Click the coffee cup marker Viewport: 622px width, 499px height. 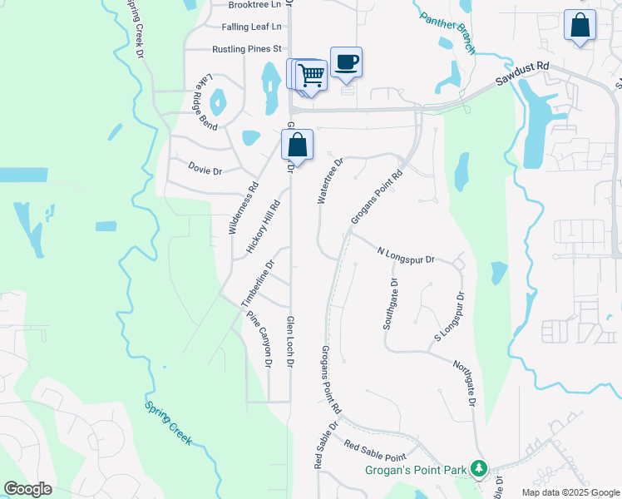(346, 62)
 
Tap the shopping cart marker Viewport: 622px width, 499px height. (311, 75)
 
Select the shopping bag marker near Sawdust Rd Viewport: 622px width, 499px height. (580, 25)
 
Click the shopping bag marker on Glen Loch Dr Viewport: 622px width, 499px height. (298, 145)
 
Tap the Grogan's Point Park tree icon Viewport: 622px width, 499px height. (479, 469)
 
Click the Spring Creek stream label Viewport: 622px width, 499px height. (168, 423)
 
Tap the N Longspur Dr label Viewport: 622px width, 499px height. (406, 254)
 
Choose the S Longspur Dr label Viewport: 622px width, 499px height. (448, 318)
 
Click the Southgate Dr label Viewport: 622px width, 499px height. (391, 304)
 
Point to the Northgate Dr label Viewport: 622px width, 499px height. (464, 383)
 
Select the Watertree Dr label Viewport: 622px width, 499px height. (329, 181)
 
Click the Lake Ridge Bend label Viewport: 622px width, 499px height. (206, 102)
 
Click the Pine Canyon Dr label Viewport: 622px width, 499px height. (259, 339)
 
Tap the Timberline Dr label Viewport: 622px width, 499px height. (257, 285)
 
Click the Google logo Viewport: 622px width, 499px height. (27, 489)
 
